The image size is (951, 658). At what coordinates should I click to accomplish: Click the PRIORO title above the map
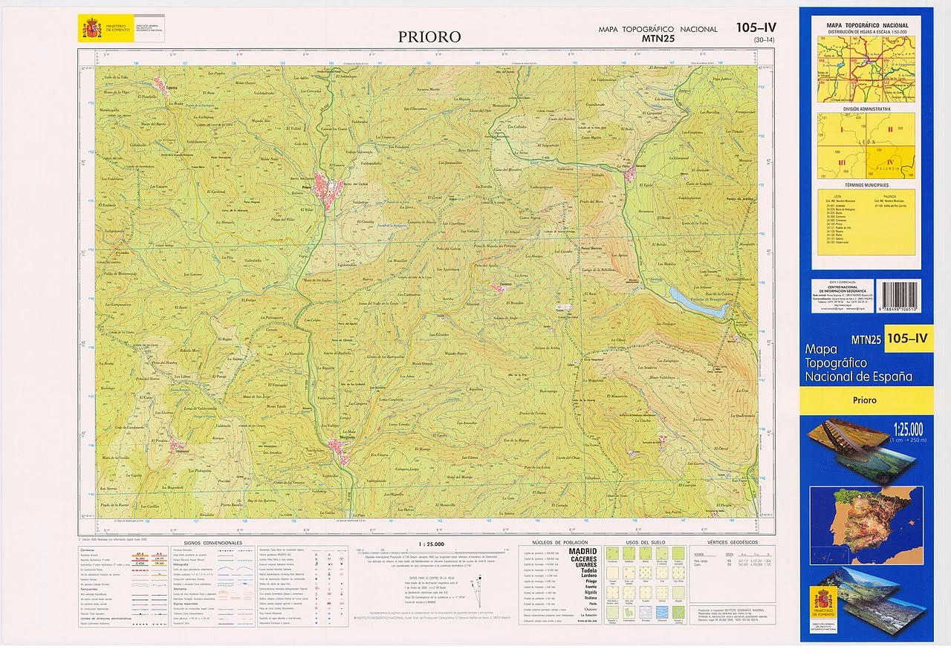coord(429,36)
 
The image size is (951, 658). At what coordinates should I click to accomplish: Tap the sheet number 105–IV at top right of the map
coord(756,27)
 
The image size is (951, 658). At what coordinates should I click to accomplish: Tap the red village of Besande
coord(630,175)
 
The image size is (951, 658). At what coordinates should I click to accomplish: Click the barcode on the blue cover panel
coord(899,296)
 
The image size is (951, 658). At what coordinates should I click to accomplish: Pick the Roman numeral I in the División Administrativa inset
coord(842,128)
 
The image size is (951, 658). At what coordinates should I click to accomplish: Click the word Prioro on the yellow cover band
coord(865,400)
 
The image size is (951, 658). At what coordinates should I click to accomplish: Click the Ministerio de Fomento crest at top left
coord(92,30)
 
